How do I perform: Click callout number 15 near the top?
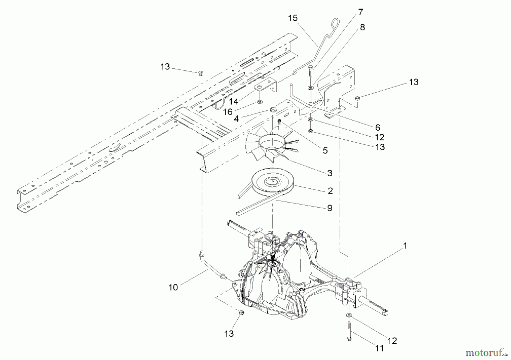pos(293,18)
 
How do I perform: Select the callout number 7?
pos(360,12)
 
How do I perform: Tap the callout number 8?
pos(362,27)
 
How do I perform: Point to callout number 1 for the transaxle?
pos(405,246)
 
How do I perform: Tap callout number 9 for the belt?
pos(330,208)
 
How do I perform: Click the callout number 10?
pos(173,287)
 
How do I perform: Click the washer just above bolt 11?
pos(348,315)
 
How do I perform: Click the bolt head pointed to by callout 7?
pos(310,68)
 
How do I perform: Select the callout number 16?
pos(228,112)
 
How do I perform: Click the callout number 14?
pos(233,101)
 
